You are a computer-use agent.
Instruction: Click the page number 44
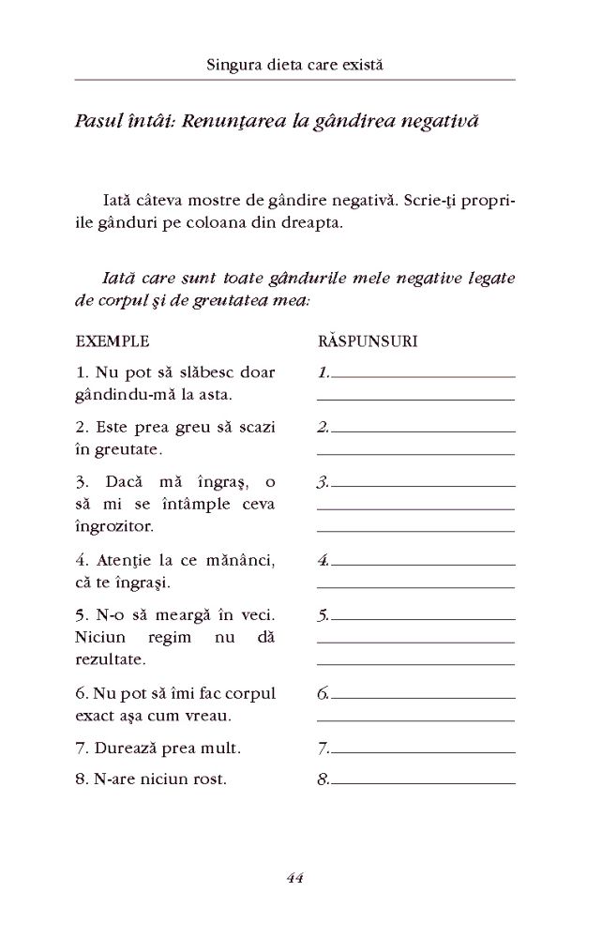point(294,878)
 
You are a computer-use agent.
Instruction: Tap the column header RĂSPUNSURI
point(368,341)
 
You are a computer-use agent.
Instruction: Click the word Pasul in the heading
point(98,123)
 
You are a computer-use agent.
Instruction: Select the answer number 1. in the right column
point(323,372)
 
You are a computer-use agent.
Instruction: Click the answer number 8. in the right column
point(323,779)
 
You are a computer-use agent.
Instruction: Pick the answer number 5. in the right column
point(323,616)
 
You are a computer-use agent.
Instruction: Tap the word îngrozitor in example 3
point(112,526)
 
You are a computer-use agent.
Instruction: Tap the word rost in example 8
point(208,779)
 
